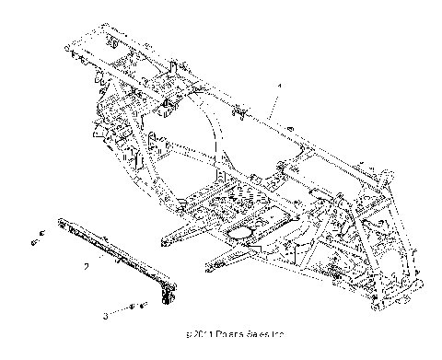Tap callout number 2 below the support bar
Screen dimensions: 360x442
point(86,265)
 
